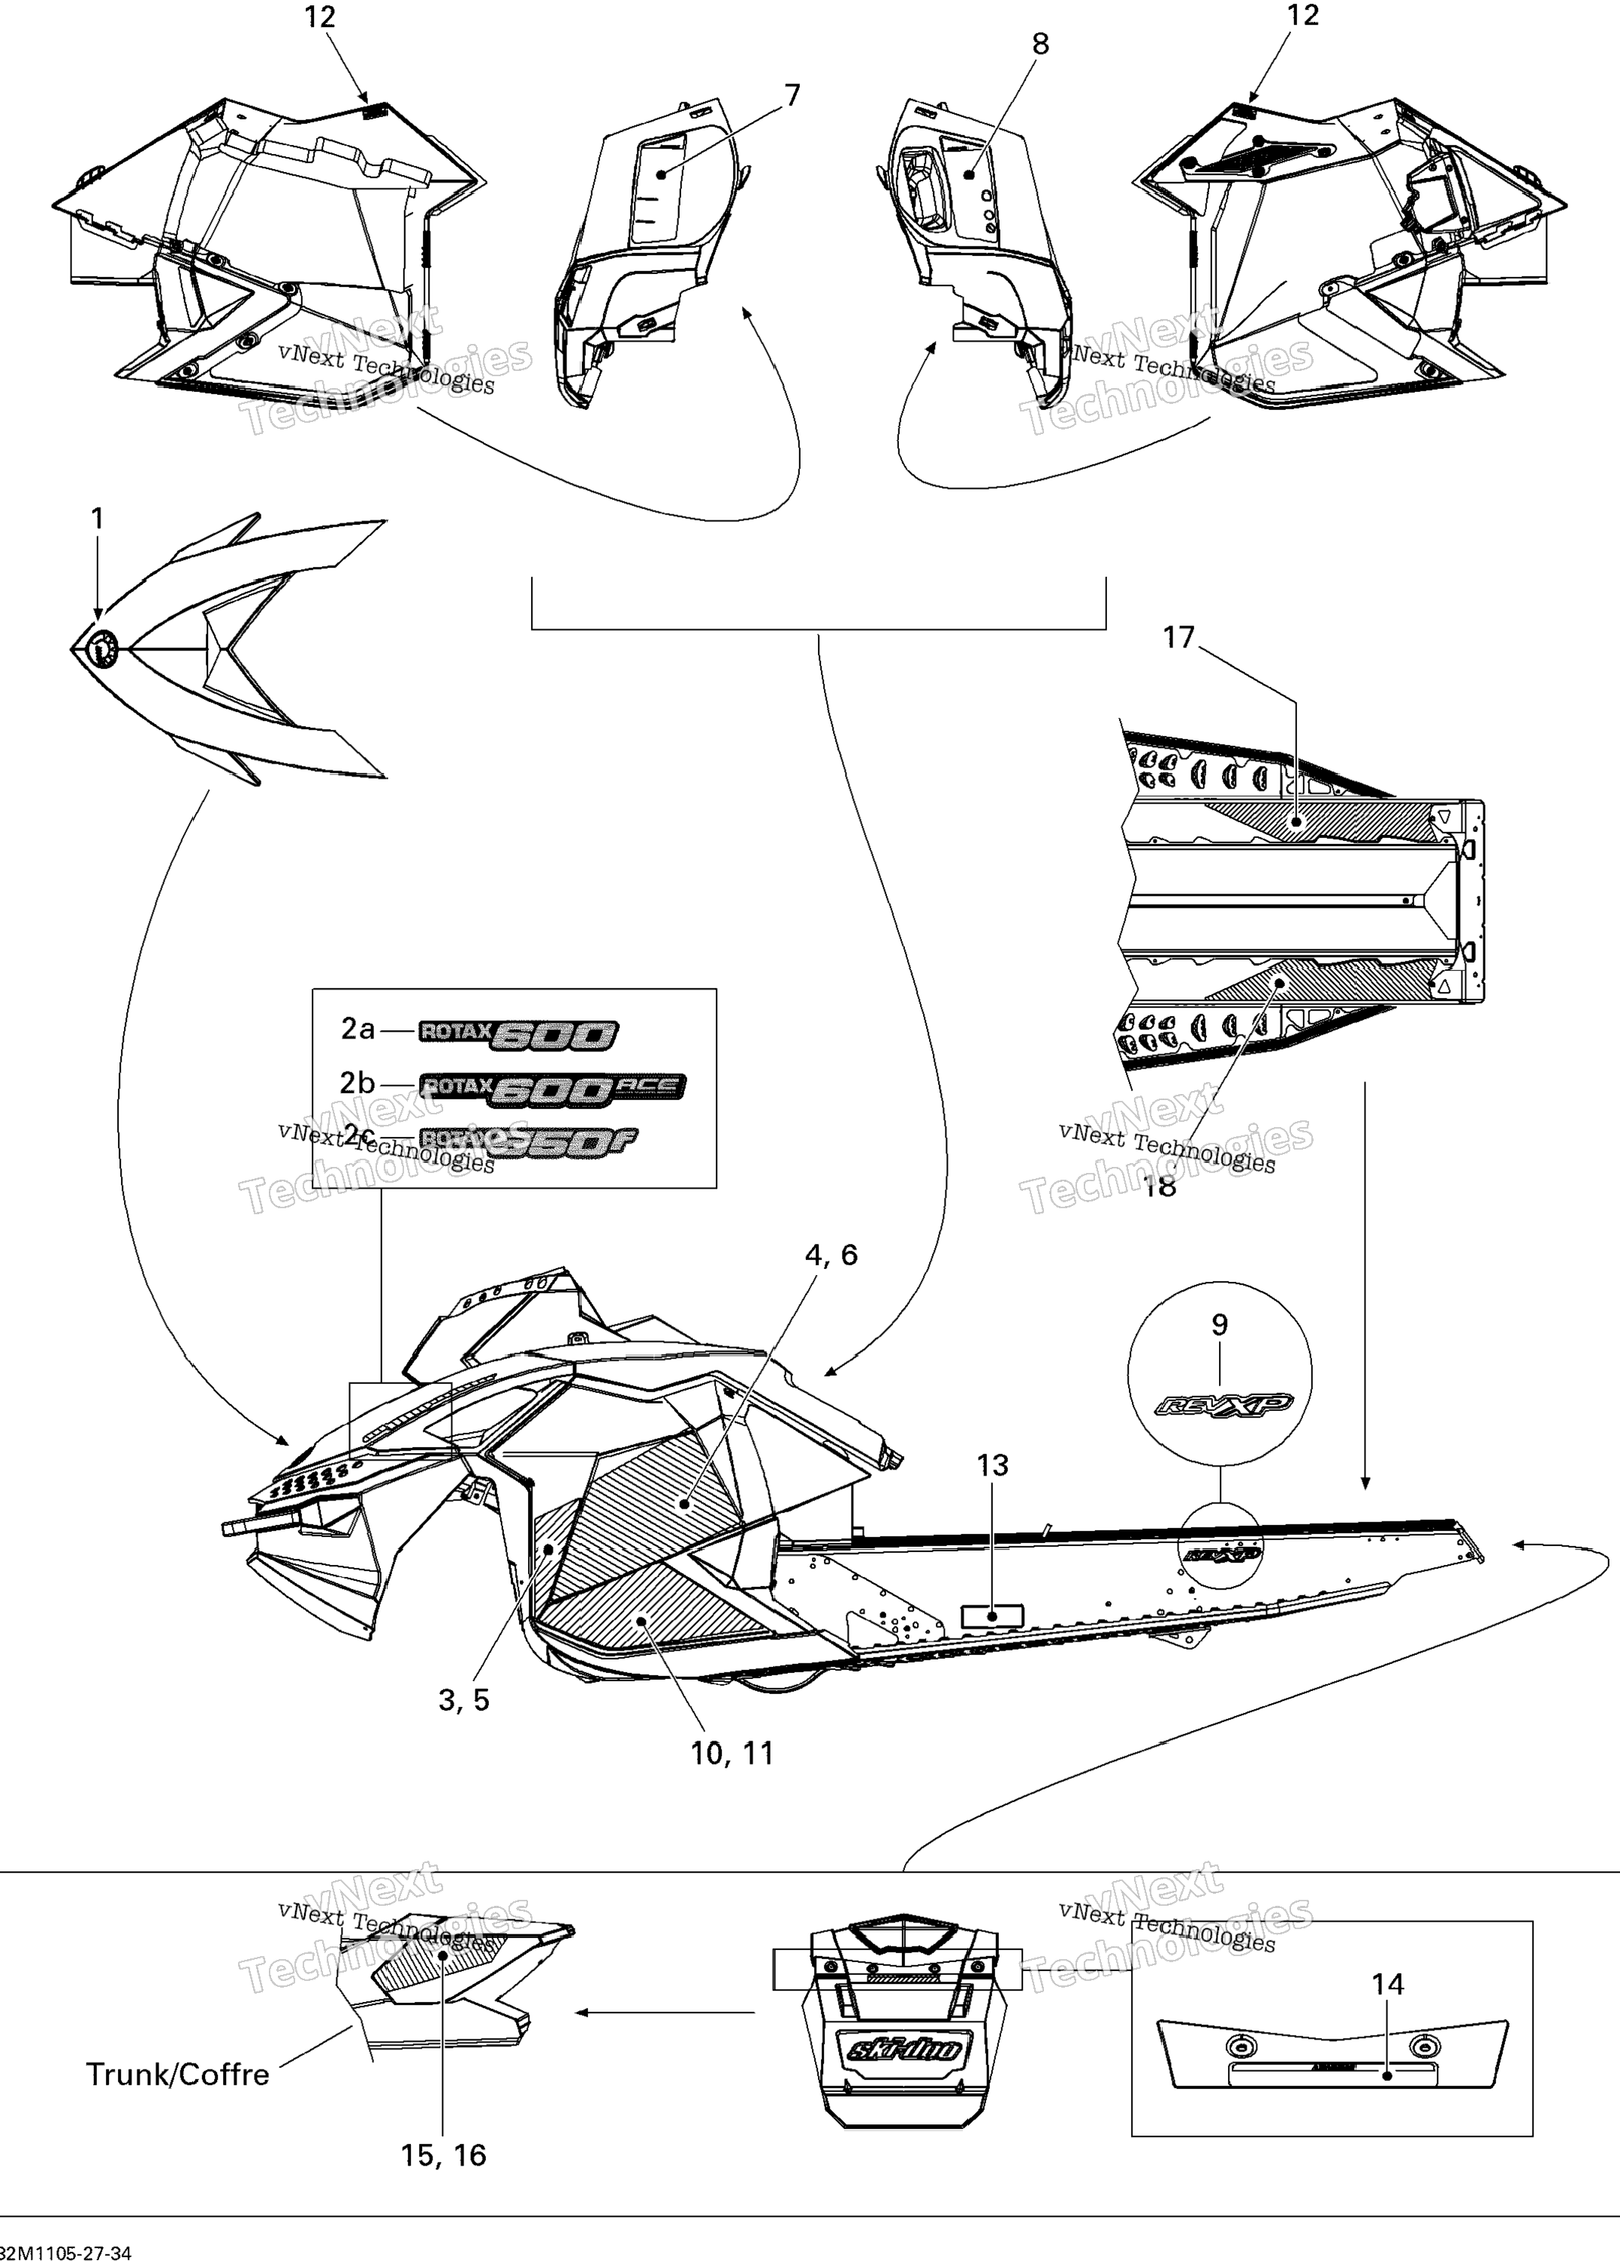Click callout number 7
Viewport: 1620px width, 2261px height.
coord(792,95)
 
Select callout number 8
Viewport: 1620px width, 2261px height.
coord(1039,44)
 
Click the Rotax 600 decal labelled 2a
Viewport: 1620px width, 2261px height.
coord(518,1035)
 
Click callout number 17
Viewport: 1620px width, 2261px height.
coord(1178,638)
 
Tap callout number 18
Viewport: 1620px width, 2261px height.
coord(1160,1186)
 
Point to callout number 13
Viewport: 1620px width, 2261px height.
coord(992,1466)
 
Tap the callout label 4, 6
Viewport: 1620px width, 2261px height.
coord(831,1255)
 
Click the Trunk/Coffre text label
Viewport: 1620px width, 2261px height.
coord(177,2075)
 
